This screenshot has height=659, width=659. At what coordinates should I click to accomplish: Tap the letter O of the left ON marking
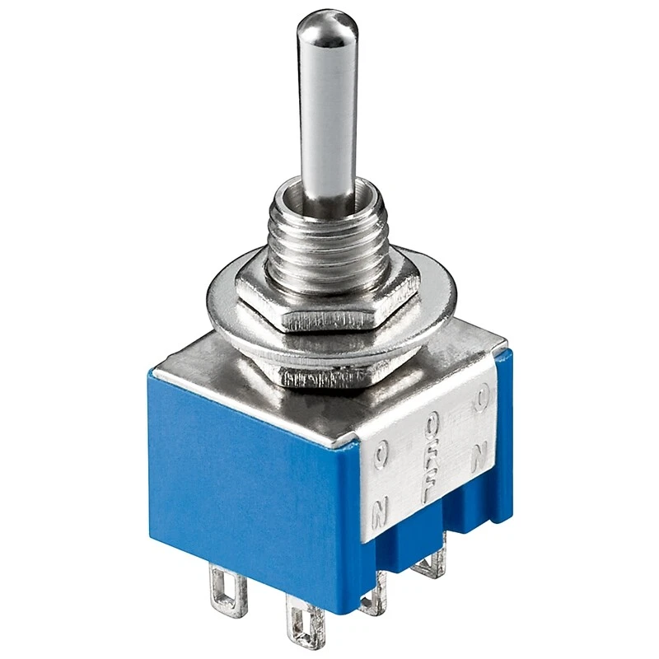point(380,454)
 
